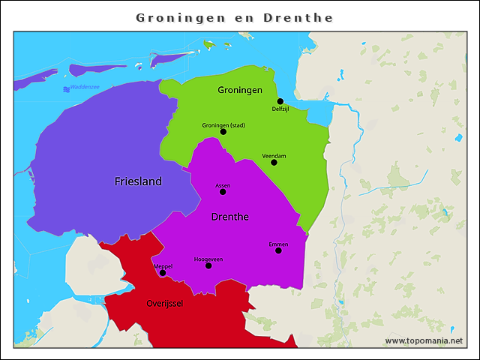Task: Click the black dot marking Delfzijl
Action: (x=280, y=101)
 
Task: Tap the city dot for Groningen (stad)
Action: (x=223, y=132)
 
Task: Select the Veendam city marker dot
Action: (x=274, y=163)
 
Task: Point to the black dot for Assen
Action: (x=223, y=192)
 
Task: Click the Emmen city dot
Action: (x=278, y=250)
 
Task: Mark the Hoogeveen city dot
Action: (x=208, y=265)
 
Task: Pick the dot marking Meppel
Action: (x=163, y=273)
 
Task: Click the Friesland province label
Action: (x=138, y=181)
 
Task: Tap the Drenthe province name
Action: (x=230, y=217)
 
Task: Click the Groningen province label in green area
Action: (x=240, y=90)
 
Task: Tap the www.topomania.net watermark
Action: (x=424, y=340)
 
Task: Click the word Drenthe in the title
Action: (x=298, y=17)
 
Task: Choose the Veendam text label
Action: (x=274, y=155)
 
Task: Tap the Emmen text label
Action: (x=278, y=244)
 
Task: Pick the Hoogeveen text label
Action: (x=208, y=259)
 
